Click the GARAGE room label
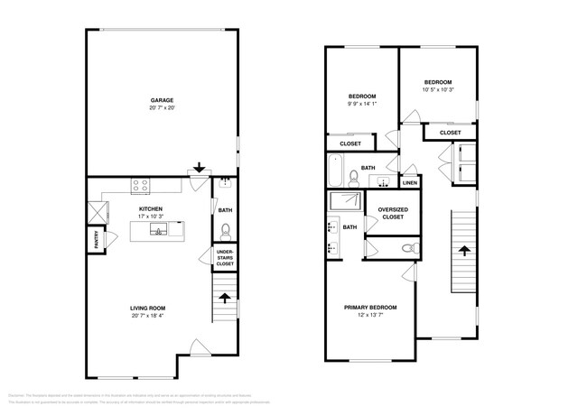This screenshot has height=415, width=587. [x=162, y=100]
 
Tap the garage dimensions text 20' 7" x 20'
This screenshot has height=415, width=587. [x=162, y=107]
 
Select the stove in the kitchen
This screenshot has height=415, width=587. [x=141, y=187]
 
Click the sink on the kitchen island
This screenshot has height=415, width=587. [x=157, y=231]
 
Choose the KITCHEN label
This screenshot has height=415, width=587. [x=150, y=208]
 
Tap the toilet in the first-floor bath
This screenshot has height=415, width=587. [x=226, y=229]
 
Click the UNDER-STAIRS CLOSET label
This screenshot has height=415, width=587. [x=225, y=258]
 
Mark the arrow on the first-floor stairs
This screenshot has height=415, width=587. [x=225, y=295]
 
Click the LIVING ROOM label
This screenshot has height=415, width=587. [x=148, y=309]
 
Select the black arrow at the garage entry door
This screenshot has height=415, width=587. [x=200, y=167]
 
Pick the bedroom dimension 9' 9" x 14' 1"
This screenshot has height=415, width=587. [x=362, y=104]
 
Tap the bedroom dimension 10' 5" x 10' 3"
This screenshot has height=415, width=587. [x=438, y=89]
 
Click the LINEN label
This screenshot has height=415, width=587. [x=409, y=183]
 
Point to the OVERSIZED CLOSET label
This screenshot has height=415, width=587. [x=393, y=213]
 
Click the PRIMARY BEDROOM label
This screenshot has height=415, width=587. [x=370, y=308]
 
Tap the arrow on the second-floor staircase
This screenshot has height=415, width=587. [x=464, y=250]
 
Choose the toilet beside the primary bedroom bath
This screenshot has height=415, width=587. [x=409, y=246]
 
